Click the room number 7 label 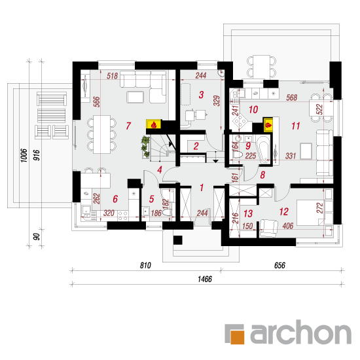click(128, 126)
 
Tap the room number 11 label click(295, 126)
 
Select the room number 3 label click(201, 95)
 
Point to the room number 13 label click(248, 213)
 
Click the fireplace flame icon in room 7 click(154, 124)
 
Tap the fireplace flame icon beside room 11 click(268, 126)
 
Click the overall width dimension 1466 click(205, 279)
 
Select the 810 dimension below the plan click(145, 265)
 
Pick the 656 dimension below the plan click(279, 265)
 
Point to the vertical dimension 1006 click(24, 155)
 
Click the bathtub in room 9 click(264, 150)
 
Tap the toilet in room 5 click(167, 213)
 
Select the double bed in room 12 click(315, 213)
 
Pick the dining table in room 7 click(101, 134)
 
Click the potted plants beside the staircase click(145, 147)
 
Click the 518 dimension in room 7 click(113, 76)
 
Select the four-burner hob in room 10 click(240, 121)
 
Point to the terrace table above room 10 click(261, 67)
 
